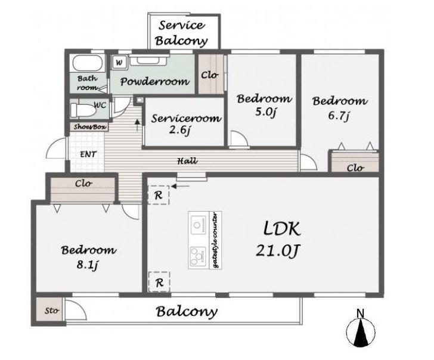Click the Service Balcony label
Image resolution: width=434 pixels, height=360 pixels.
click(x=182, y=33)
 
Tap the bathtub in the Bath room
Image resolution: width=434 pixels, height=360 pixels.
click(x=86, y=63)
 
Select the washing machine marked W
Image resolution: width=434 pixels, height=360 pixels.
click(x=119, y=62)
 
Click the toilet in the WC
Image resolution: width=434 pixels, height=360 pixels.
click(x=83, y=110)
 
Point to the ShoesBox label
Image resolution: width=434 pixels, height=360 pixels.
click(x=90, y=127)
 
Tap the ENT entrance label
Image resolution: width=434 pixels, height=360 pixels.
click(x=88, y=154)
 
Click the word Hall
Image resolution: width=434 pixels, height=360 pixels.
click(x=187, y=161)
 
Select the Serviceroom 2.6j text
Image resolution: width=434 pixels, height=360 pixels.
click(x=186, y=124)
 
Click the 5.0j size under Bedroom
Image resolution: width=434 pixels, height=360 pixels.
click(x=265, y=113)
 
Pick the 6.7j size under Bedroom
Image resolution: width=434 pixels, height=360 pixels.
click(x=338, y=116)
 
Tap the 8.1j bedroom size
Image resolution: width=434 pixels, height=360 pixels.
click(x=88, y=265)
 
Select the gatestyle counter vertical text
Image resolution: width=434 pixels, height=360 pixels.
click(x=216, y=240)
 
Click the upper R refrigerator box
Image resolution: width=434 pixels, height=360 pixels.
click(x=159, y=195)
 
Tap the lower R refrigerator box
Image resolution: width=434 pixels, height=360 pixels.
click(x=159, y=283)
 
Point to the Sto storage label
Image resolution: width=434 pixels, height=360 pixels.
click(x=52, y=311)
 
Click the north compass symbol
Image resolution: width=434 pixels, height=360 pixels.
click(x=360, y=330)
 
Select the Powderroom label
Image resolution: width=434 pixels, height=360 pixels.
click(x=155, y=81)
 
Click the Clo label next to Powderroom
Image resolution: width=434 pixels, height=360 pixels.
click(x=210, y=75)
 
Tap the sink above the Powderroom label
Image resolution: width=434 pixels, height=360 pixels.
click(x=149, y=60)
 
